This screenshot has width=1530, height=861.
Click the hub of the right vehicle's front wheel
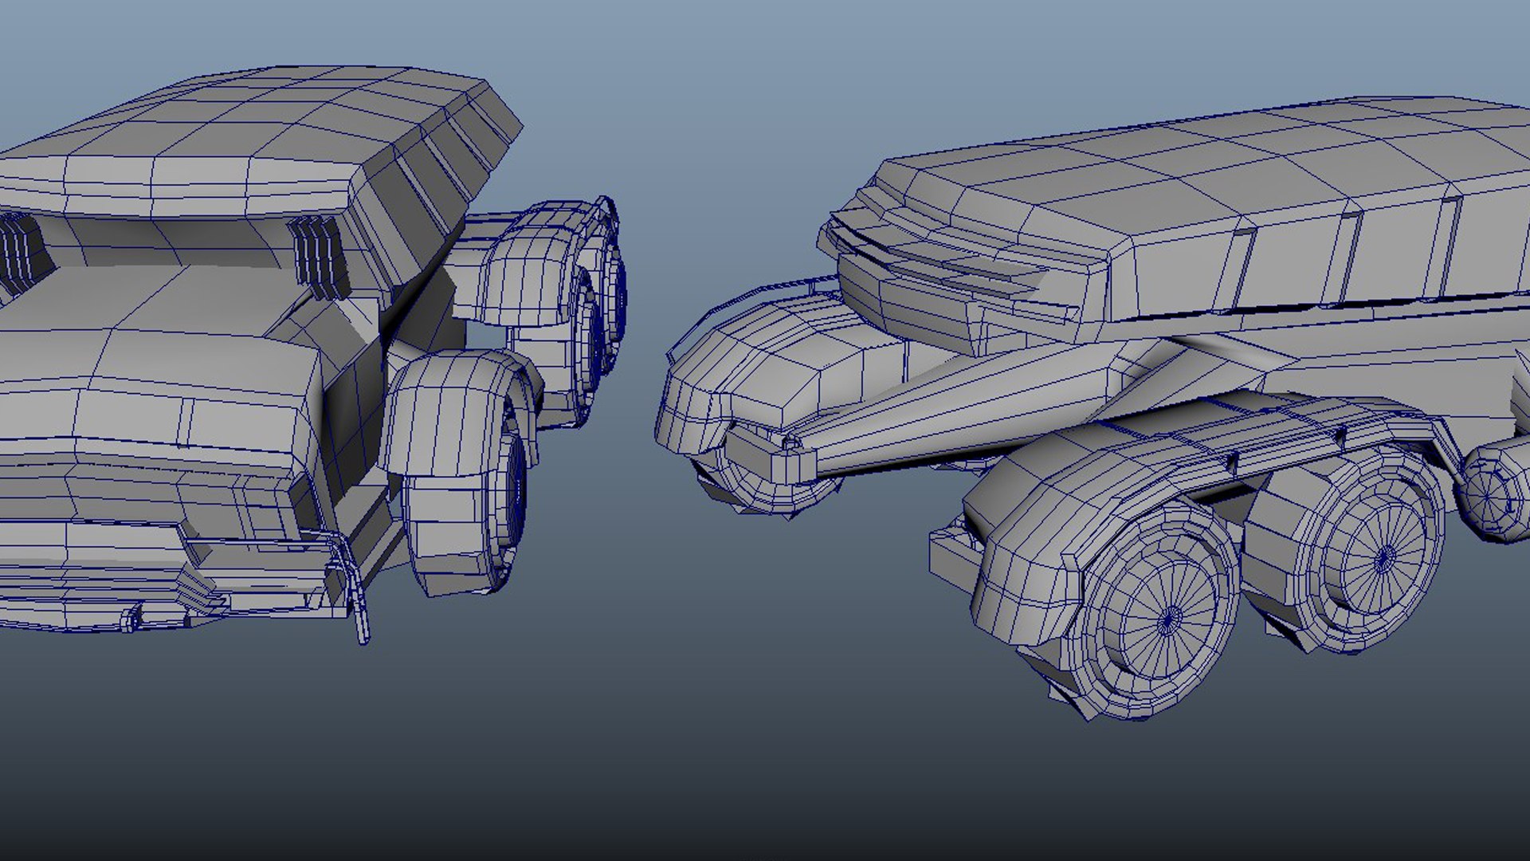click(x=1169, y=618)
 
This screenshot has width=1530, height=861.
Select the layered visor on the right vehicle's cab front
click(x=940, y=255)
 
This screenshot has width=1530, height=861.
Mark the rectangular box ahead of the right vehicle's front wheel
click(x=952, y=558)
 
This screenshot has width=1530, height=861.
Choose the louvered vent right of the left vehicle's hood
click(x=319, y=255)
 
